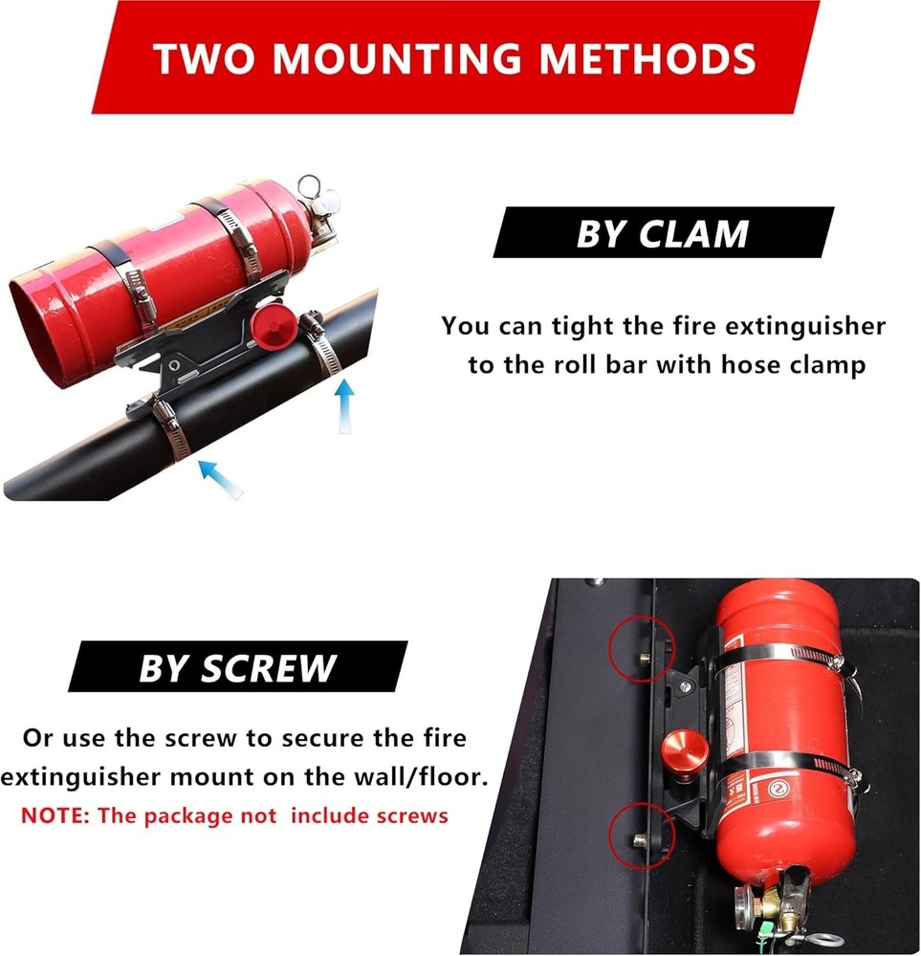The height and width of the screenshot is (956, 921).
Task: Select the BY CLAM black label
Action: (x=662, y=233)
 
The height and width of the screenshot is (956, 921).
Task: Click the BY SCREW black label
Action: (x=237, y=667)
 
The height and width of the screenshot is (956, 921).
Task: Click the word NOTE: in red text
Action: (x=55, y=816)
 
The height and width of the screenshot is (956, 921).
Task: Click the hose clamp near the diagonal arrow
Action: (x=169, y=429)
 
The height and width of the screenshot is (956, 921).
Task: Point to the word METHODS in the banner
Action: (x=649, y=58)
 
